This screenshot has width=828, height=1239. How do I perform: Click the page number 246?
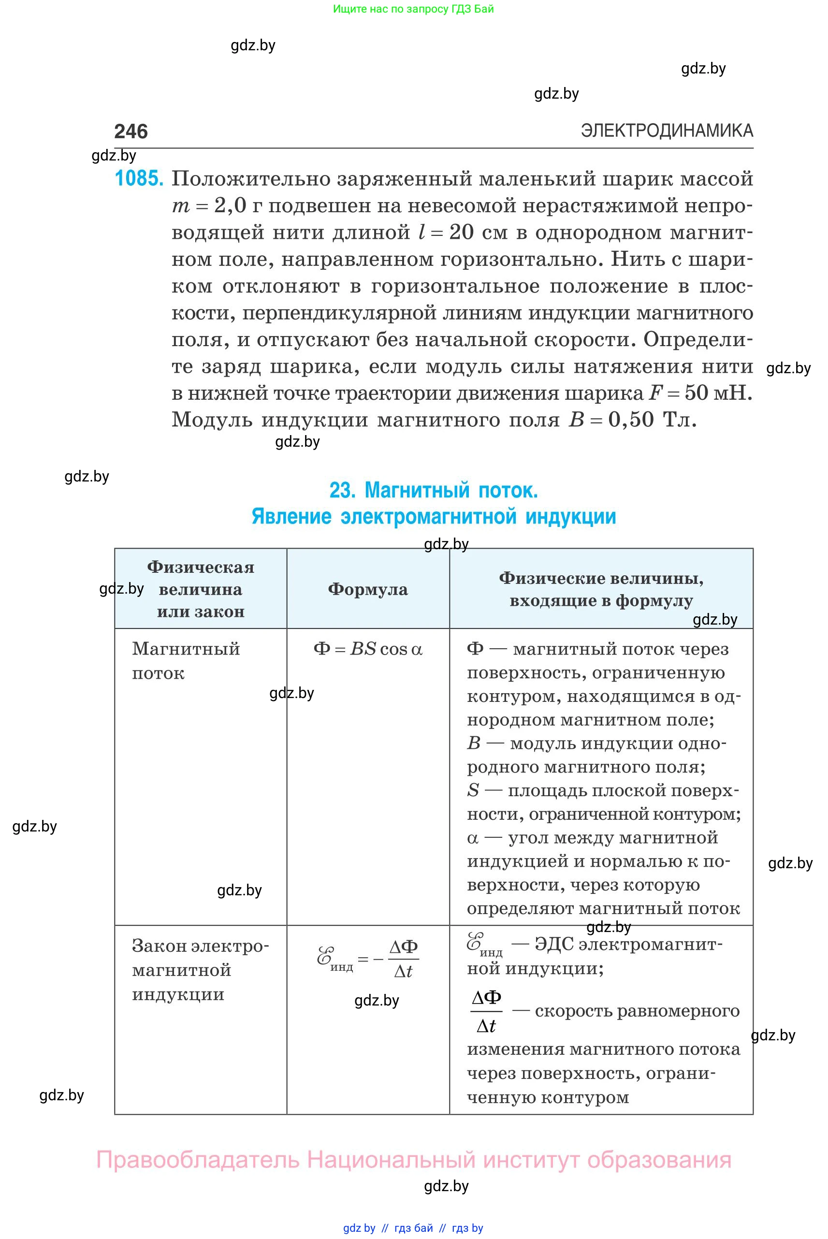[131, 131]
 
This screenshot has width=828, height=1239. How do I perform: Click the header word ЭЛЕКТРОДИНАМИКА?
[667, 130]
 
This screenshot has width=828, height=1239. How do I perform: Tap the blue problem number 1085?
[139, 178]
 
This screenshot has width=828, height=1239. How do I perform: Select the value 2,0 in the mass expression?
[230, 205]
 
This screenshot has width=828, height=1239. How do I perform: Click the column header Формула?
[367, 589]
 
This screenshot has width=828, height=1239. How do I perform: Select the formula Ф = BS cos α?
[367, 649]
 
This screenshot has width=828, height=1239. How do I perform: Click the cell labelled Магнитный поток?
[186, 660]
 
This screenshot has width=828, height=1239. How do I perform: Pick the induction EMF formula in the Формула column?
[367, 960]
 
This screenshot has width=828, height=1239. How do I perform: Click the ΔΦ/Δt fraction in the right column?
[486, 1012]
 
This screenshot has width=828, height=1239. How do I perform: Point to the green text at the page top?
[413, 9]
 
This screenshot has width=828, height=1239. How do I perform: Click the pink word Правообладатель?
[198, 1160]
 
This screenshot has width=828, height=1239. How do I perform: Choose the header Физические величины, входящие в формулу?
[601, 589]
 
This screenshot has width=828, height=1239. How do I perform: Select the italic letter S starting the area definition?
[473, 790]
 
